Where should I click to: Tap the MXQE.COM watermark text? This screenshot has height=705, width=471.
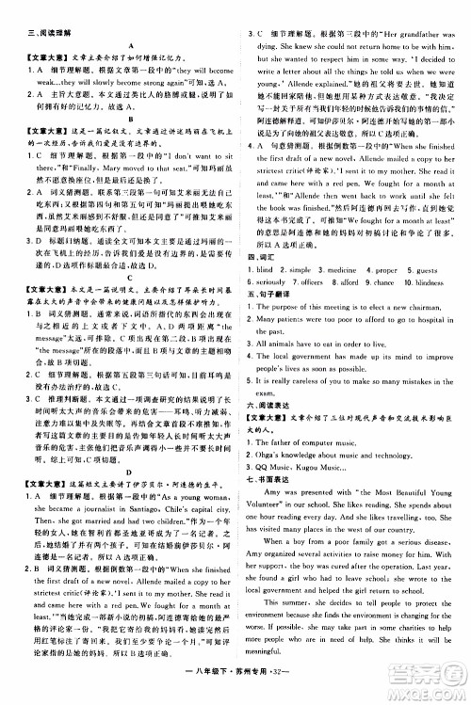[432, 692]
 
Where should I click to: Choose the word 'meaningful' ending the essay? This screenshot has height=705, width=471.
[274, 661]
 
